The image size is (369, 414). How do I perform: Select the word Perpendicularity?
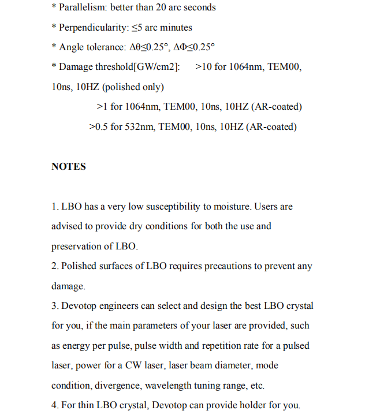click(92, 27)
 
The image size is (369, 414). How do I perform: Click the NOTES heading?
click(69, 166)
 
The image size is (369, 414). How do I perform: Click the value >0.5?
click(99, 126)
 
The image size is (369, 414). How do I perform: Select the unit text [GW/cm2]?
click(156, 67)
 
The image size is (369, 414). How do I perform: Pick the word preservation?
click(77, 247)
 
